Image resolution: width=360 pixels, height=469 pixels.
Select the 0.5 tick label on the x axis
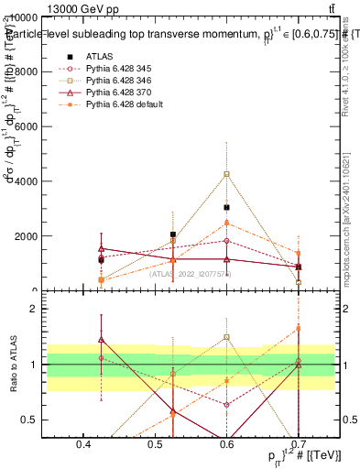pyautogui.click(x=155, y=446)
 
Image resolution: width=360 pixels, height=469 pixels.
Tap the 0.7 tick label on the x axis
pyautogui.click(x=299, y=446)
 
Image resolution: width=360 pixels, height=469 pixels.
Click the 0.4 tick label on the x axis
pyautogui.click(x=83, y=446)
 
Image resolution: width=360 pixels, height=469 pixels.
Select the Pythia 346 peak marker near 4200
pyautogui.click(x=226, y=174)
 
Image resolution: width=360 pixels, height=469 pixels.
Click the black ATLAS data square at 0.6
pyautogui.click(x=226, y=208)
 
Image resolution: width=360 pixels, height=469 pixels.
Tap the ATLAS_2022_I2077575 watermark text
pyautogui.click(x=191, y=274)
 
